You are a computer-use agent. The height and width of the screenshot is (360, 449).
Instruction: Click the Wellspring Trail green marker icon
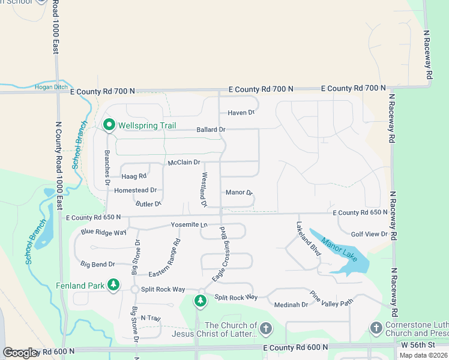point(109,125)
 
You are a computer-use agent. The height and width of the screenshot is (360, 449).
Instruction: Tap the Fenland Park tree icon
point(113,285)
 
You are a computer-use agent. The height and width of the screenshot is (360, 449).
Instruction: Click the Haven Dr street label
point(241,112)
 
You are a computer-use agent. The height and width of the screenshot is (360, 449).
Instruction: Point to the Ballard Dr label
point(211,129)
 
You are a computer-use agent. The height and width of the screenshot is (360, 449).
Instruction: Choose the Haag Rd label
point(134,176)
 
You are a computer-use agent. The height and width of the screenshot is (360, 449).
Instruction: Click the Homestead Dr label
point(135,190)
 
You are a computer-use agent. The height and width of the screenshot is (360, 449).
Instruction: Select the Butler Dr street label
point(148,204)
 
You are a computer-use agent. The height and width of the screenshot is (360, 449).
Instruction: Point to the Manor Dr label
point(240,193)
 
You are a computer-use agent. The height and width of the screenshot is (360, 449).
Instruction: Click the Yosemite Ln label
point(189,224)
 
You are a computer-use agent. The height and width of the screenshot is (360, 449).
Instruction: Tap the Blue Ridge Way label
point(103,232)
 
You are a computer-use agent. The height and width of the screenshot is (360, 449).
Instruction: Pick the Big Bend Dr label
point(97,263)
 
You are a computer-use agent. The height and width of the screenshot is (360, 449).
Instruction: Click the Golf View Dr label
point(369,233)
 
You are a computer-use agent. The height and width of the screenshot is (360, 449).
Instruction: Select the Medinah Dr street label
point(291,305)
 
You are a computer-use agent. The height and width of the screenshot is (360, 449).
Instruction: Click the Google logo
point(20,353)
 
